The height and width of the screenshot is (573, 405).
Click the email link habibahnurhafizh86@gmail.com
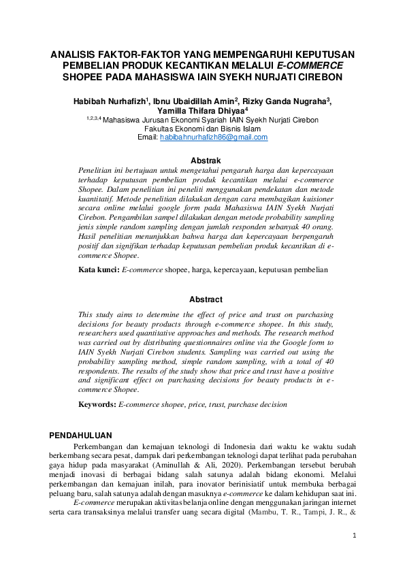213,137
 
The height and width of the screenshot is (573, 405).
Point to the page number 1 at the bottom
354,536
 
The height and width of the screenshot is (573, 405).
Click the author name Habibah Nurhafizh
108,101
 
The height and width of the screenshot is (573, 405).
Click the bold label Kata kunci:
99,270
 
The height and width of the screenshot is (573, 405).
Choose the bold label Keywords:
98,404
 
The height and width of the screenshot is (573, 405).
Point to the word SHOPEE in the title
82,77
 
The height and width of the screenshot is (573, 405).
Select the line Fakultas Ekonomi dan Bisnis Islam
202,128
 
